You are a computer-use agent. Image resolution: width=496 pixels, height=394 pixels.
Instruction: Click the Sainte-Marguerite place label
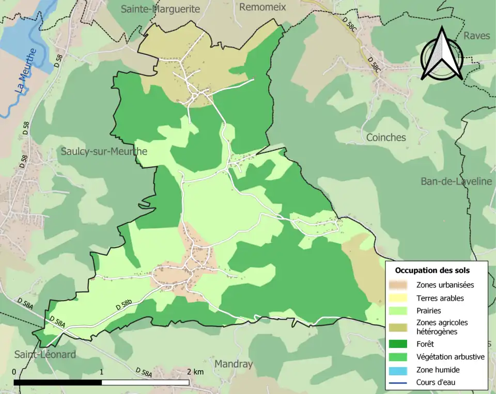(x=160, y=9)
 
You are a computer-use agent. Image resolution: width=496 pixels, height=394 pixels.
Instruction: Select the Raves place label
(x=476, y=36)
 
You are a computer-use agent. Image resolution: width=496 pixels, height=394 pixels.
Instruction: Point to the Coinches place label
(x=386, y=137)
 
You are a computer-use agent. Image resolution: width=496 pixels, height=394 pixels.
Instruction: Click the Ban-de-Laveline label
(x=456, y=181)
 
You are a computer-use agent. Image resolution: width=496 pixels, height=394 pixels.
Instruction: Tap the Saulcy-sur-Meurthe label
(x=104, y=152)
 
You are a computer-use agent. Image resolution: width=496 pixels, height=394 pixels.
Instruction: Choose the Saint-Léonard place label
(x=45, y=355)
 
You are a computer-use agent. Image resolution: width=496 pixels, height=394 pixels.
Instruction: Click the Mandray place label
(x=234, y=364)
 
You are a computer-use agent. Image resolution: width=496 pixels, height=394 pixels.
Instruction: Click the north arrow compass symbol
(x=442, y=54)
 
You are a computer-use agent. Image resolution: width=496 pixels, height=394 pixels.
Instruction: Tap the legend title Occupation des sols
(x=432, y=270)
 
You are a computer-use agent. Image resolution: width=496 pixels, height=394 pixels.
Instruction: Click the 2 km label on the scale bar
(x=195, y=372)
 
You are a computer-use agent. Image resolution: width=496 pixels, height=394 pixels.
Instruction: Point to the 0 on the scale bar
(x=13, y=372)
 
